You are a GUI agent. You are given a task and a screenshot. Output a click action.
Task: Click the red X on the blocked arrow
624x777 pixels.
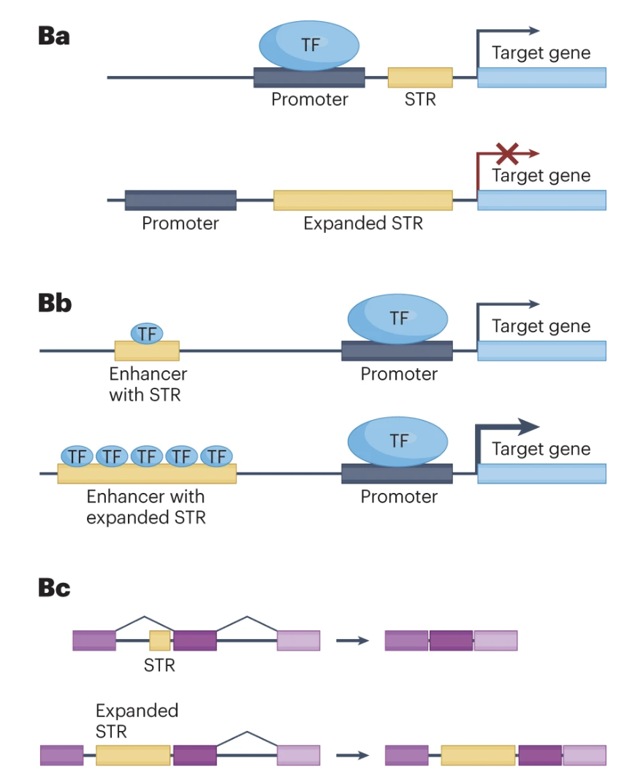508,153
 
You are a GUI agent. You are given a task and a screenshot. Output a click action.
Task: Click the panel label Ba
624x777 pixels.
54,37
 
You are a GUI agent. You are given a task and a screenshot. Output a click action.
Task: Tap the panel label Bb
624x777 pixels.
55,303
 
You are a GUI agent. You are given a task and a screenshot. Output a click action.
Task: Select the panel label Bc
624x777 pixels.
55,588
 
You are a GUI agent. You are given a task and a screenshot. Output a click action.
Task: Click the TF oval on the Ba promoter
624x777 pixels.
309,45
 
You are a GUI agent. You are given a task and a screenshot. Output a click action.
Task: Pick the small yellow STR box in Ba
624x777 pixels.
420,77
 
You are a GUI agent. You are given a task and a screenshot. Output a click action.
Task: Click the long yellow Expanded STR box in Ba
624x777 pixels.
363,200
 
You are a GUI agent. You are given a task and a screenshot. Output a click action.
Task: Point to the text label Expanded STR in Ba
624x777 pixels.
363,223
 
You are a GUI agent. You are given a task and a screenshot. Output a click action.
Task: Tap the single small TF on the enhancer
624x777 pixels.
147,334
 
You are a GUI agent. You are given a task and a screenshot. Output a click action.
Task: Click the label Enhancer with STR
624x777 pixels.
148,384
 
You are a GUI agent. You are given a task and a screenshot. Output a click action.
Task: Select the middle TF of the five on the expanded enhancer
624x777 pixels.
147,456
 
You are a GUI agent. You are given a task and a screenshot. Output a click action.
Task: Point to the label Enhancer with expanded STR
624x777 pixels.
145,507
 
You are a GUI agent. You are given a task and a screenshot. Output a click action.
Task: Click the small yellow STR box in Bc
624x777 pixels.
160,640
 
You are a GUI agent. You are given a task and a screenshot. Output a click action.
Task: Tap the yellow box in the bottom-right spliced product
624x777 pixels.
478,755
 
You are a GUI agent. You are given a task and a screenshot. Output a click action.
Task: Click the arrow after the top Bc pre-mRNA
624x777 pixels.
352,640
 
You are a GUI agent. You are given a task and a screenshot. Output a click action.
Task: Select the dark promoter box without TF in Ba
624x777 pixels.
180,200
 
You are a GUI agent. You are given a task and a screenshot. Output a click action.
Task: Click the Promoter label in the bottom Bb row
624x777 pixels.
399,497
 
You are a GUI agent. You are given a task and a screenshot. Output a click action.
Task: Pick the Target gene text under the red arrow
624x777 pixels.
541,176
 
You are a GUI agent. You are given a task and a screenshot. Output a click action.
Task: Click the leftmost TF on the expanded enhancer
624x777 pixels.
77,456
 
